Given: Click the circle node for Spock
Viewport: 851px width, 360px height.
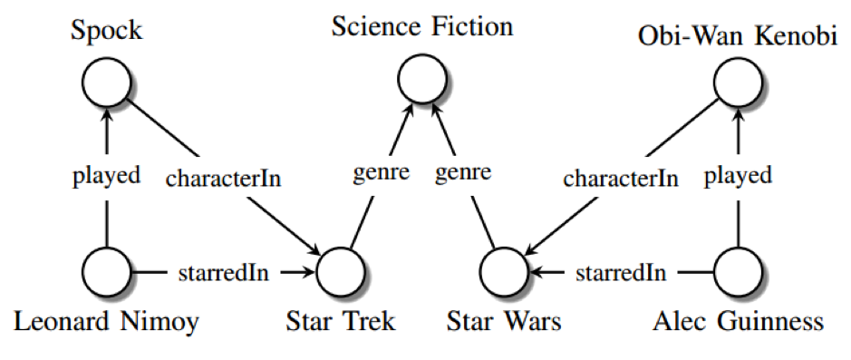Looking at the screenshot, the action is [x=107, y=82].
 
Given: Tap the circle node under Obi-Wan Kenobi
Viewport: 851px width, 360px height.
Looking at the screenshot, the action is [x=738, y=82].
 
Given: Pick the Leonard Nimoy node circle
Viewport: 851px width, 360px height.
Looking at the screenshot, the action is [x=107, y=272].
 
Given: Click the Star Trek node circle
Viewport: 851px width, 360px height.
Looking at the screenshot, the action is [x=341, y=272].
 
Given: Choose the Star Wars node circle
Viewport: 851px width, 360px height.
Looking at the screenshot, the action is [x=504, y=272].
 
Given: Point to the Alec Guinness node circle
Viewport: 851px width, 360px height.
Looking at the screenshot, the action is [x=738, y=272].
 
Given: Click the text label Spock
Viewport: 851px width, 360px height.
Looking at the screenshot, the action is [x=107, y=30].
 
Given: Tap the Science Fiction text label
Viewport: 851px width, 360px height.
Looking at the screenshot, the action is [x=422, y=26].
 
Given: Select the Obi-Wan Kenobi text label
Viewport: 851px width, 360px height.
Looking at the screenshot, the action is [x=738, y=36].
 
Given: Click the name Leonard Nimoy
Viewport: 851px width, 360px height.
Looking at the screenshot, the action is [x=106, y=323].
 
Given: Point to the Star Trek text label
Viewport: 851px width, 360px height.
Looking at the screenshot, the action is [x=341, y=322].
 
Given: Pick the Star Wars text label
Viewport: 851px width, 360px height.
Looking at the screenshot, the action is [x=504, y=322].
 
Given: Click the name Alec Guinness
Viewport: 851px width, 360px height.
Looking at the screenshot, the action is [x=738, y=322].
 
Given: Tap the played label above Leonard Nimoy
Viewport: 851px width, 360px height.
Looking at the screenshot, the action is [x=106, y=177].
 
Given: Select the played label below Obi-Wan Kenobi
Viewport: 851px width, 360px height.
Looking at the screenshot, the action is [x=738, y=177].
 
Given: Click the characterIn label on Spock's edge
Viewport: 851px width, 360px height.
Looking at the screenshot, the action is [x=224, y=179].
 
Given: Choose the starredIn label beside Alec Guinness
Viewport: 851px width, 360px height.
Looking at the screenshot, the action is [x=621, y=273].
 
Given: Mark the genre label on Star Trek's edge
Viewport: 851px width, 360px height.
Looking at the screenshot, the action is [x=381, y=174].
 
